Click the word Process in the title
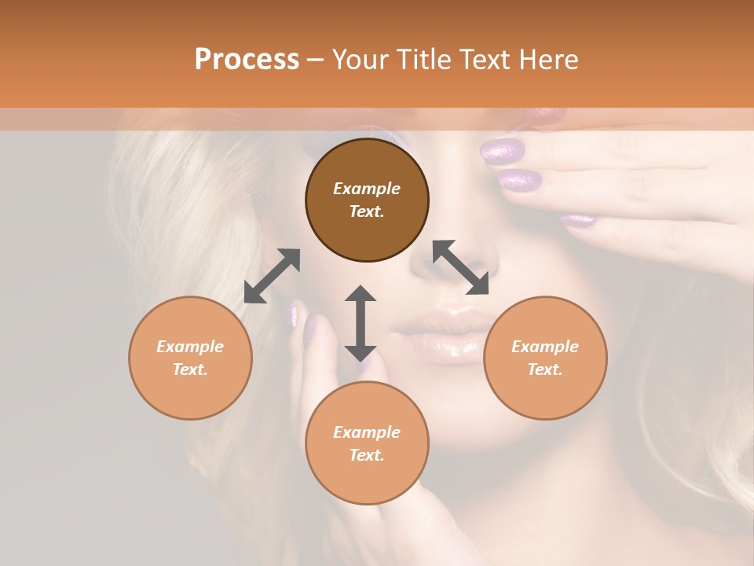pyautogui.click(x=247, y=60)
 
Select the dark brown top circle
pyautogui.click(x=367, y=200)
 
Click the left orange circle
pyautogui.click(x=190, y=358)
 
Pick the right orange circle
pyautogui.click(x=545, y=358)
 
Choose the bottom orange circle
pyautogui.click(x=367, y=443)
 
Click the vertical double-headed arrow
pyautogui.click(x=361, y=323)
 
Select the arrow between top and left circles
pyautogui.click(x=272, y=276)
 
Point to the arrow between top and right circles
pyautogui.click(x=460, y=267)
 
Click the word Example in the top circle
pyautogui.click(x=367, y=189)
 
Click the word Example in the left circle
pyautogui.click(x=190, y=347)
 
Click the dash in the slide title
pyautogui.click(x=315, y=60)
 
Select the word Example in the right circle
pyautogui.click(x=545, y=347)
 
